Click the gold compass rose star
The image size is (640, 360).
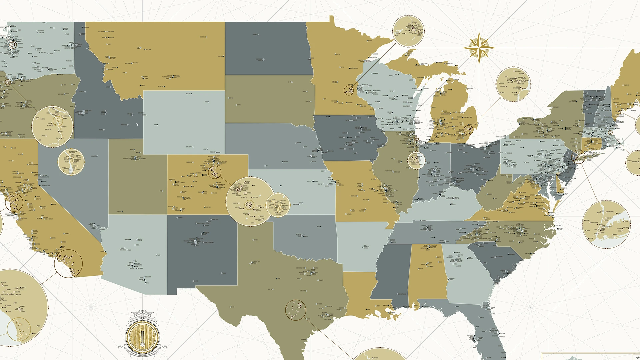[479, 48]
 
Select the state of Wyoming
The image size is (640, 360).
[184, 122]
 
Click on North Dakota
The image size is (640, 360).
[268, 48]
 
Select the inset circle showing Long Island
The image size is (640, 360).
[606, 224]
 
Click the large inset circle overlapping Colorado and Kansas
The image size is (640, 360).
[250, 201]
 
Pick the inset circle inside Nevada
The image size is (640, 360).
[71, 162]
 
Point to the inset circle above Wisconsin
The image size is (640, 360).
[408, 31]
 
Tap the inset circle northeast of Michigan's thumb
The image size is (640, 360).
[513, 84]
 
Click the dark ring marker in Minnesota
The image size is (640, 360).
[349, 90]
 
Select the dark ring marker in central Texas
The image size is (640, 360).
[296, 310]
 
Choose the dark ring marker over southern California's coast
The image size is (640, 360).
[68, 263]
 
